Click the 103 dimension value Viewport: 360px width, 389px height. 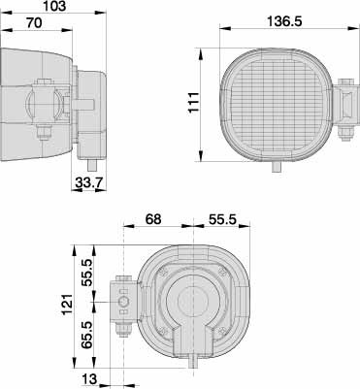[54, 6]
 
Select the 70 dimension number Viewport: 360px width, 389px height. [35, 23]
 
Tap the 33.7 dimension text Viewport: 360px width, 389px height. [89, 183]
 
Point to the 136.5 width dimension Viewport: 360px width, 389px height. [284, 21]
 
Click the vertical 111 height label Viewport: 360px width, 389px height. [194, 103]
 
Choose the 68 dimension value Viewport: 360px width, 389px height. [153, 219]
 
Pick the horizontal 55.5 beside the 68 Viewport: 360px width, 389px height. [222, 219]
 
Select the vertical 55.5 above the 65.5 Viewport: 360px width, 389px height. [87, 273]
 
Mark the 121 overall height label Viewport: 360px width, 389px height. [67, 305]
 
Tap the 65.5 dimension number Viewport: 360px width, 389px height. [87, 335]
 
